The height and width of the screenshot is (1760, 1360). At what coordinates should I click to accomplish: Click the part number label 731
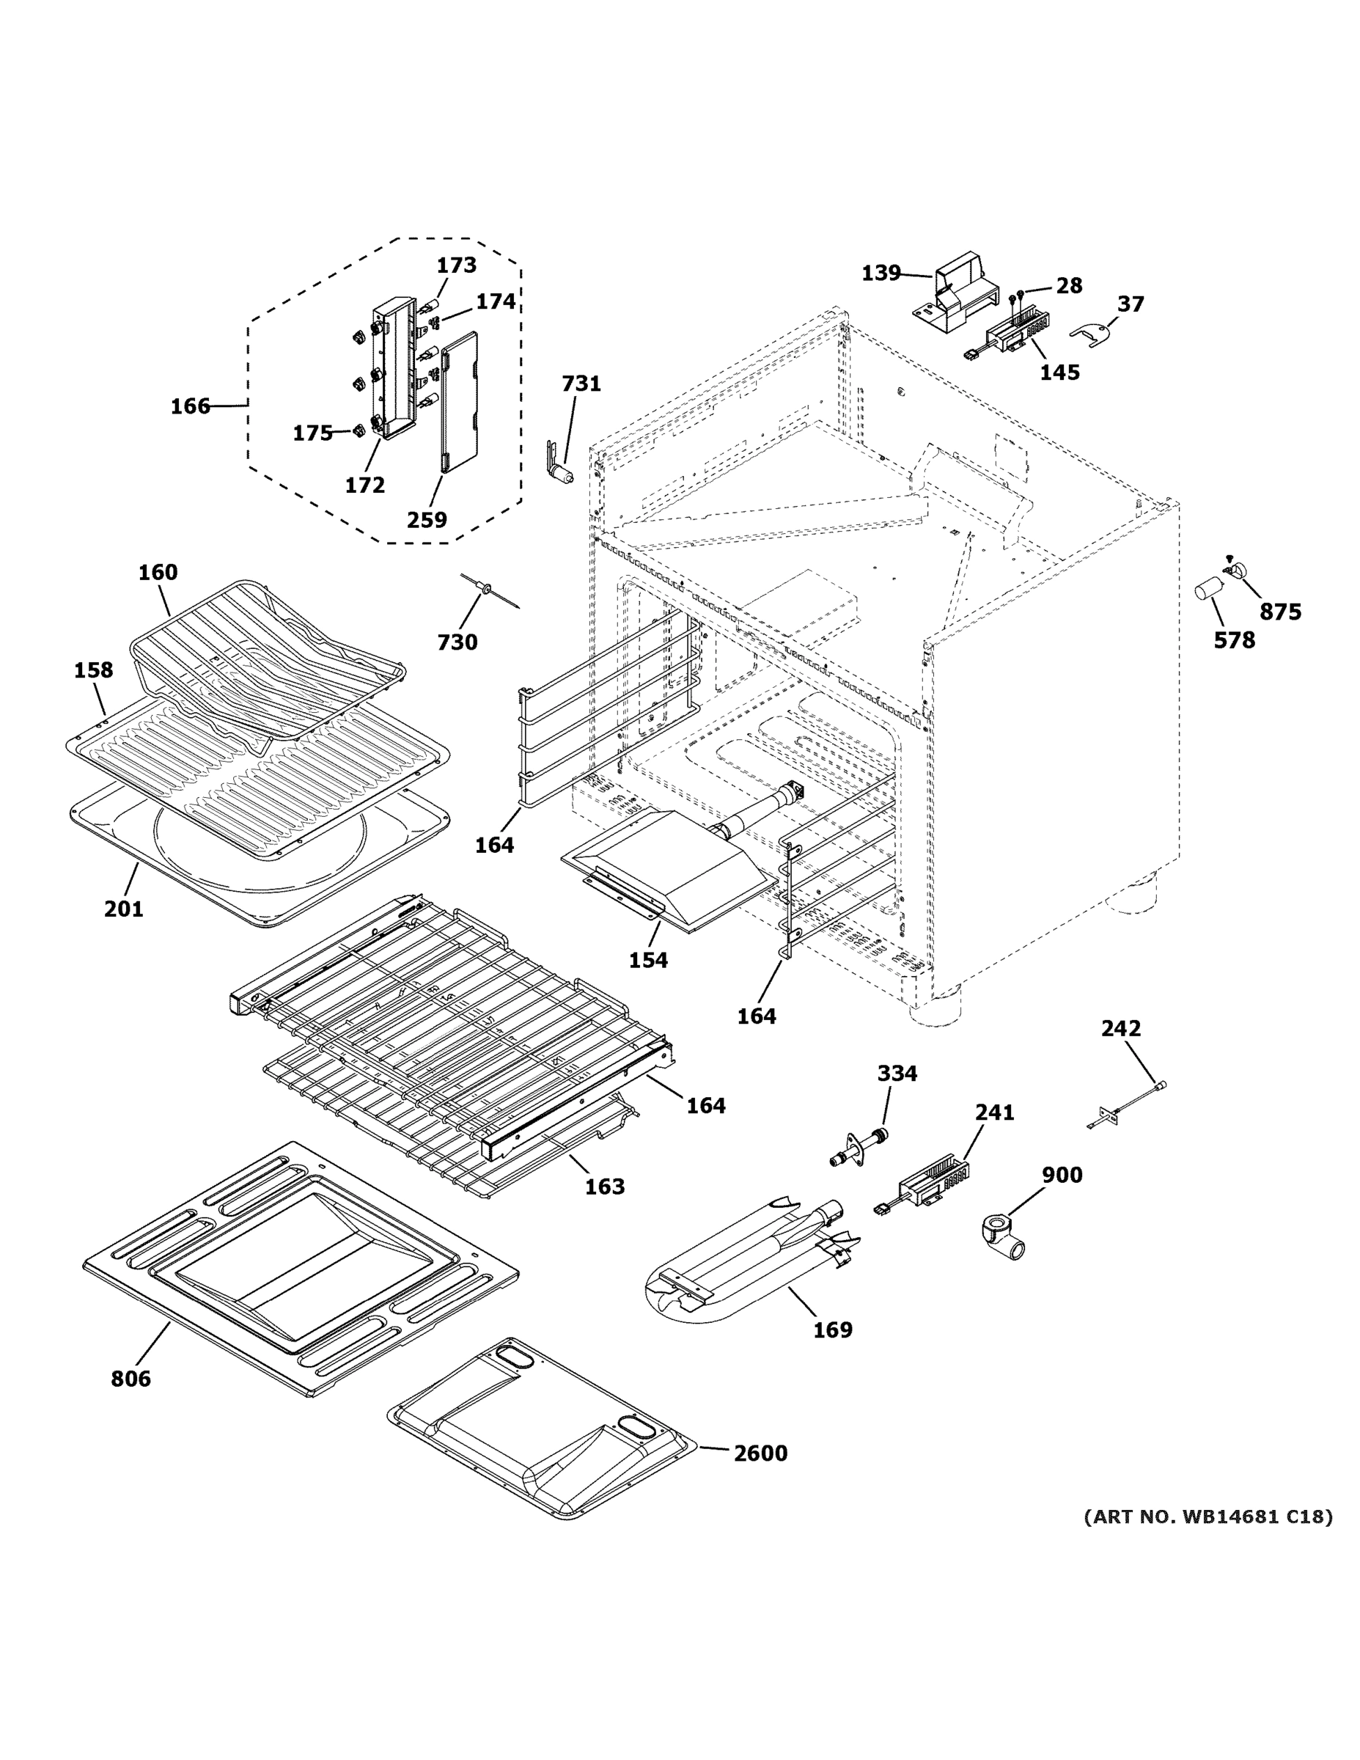[x=581, y=384]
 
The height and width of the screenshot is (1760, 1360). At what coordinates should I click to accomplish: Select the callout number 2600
[x=760, y=1453]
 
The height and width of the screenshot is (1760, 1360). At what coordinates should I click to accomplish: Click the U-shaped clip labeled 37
[x=1089, y=333]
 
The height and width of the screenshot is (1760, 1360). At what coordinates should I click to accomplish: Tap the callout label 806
[x=131, y=1379]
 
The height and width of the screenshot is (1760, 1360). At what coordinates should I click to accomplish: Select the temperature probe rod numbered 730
[x=488, y=590]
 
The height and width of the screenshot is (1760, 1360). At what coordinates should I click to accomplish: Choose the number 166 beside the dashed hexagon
[x=190, y=406]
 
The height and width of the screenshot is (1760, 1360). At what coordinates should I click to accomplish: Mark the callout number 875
[x=1280, y=612]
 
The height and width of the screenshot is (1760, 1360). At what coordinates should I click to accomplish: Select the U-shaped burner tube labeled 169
[x=741, y=1273]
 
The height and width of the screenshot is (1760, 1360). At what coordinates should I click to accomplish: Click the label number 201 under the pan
[x=123, y=909]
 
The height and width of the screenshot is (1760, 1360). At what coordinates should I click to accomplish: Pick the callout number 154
[x=649, y=960]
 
